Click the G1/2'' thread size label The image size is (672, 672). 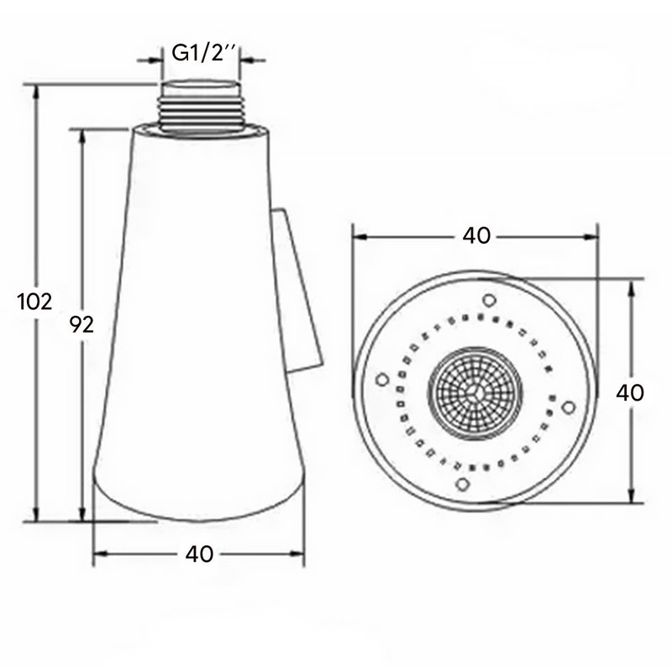[203, 53]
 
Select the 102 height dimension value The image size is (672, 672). [34, 302]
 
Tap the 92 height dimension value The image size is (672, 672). [81, 325]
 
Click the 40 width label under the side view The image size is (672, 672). [199, 554]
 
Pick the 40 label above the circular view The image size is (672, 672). [476, 236]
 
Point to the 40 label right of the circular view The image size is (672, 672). [629, 392]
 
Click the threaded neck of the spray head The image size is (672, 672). [200, 107]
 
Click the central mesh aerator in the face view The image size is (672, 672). [475, 393]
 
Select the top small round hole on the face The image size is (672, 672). [489, 300]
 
